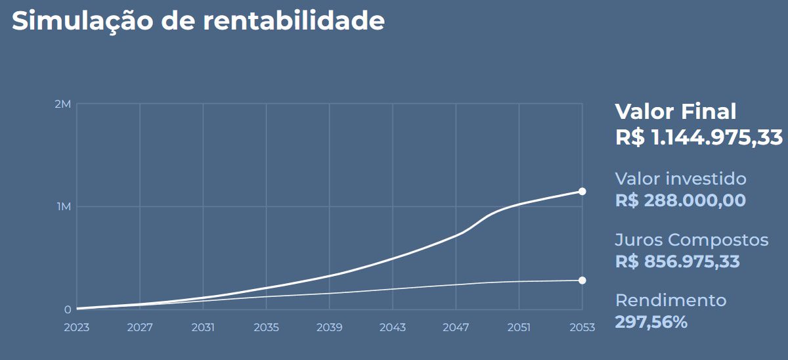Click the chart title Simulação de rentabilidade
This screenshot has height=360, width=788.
(x=198, y=21)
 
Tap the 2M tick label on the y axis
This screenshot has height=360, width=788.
(x=64, y=104)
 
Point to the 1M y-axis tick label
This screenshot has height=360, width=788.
(x=64, y=207)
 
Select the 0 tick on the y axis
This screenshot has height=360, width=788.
(x=68, y=309)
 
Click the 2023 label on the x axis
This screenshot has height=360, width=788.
(x=77, y=327)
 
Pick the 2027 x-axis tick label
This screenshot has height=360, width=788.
(x=140, y=327)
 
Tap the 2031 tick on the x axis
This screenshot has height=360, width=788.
(x=203, y=327)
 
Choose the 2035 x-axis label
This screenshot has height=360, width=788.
(x=266, y=327)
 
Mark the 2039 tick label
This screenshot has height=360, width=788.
(x=329, y=327)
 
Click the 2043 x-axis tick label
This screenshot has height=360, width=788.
(x=392, y=327)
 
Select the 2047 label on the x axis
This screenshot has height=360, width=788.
(x=455, y=327)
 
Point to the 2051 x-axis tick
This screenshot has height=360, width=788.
(x=519, y=327)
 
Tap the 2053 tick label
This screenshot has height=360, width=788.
(x=582, y=327)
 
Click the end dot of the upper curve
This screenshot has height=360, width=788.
(x=582, y=191)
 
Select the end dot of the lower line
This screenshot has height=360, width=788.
(x=582, y=281)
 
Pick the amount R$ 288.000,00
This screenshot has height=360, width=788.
(x=680, y=200)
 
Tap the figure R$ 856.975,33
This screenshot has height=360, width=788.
(x=677, y=261)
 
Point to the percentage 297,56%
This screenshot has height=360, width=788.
(x=651, y=322)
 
